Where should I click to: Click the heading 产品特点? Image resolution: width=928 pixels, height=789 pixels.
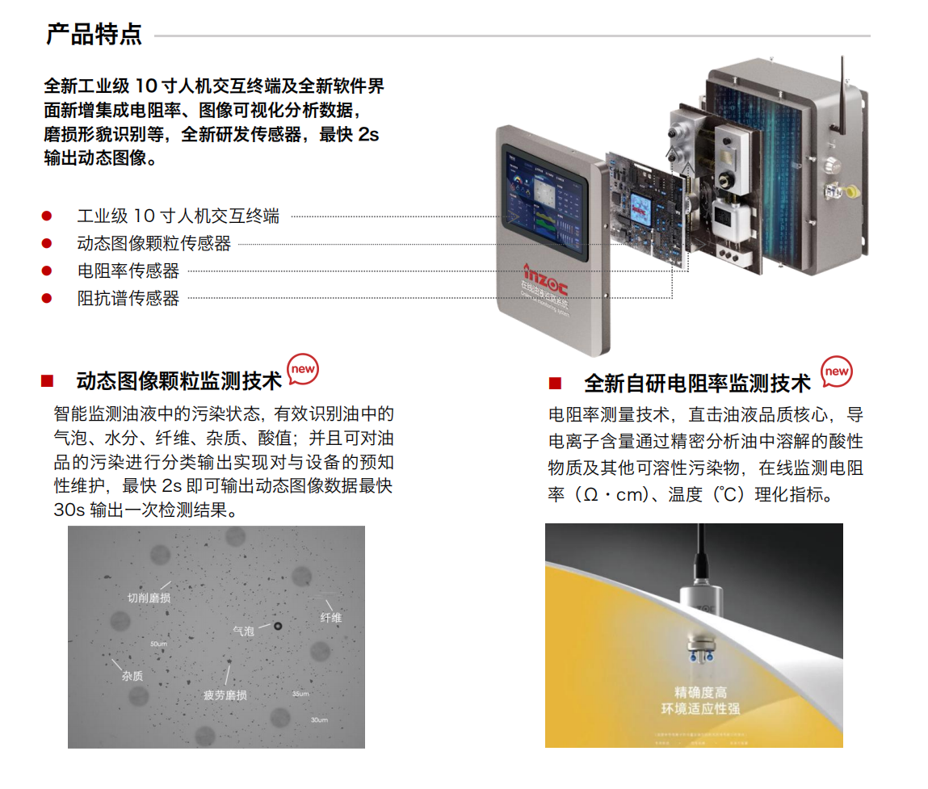click(x=94, y=35)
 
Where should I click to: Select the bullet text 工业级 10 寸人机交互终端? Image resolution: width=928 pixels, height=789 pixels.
click(x=178, y=216)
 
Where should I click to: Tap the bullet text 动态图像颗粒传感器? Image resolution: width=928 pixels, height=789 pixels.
click(x=153, y=244)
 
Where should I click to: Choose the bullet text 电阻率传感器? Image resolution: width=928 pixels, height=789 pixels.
click(x=128, y=271)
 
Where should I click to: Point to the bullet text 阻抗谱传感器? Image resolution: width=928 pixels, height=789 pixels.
click(x=128, y=299)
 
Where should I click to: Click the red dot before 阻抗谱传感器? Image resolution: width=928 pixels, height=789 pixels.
click(x=47, y=299)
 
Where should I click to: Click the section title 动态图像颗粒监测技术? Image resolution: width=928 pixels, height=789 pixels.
click(x=178, y=381)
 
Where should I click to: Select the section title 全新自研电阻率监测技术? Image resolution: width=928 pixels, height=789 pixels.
click(x=696, y=383)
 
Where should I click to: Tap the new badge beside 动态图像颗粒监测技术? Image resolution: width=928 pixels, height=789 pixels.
click(x=303, y=369)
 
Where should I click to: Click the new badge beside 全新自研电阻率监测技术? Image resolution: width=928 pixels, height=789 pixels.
click(x=836, y=371)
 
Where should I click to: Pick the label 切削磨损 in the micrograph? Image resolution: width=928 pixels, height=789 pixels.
click(x=149, y=598)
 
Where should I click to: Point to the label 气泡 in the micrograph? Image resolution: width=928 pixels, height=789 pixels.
click(x=243, y=630)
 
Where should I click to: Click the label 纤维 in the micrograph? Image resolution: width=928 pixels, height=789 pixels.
click(x=331, y=618)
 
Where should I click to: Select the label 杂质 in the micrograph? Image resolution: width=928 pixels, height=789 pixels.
click(x=132, y=676)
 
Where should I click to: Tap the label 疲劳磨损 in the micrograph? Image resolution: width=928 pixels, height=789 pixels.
click(x=225, y=695)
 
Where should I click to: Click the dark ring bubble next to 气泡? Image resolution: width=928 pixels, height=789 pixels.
click(x=278, y=627)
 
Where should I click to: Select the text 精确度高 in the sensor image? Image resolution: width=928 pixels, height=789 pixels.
click(x=700, y=692)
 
